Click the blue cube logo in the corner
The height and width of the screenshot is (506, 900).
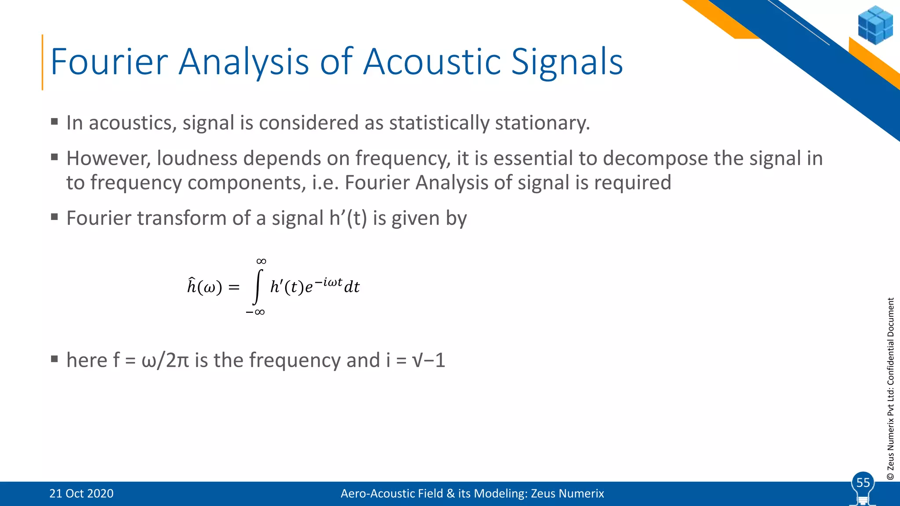pos(875,25)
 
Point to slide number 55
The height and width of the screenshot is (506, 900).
pos(863,482)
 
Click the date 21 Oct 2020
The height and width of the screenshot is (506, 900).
pos(81,493)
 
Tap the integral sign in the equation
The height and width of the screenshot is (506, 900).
pos(258,287)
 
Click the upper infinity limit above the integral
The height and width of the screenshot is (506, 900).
pos(261,261)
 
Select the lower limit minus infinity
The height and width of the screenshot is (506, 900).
pos(255,312)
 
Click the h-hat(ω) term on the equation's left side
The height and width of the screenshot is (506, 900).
pos(204,287)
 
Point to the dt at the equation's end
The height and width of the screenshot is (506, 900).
pos(352,287)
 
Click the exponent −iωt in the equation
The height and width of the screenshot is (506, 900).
pos(328,282)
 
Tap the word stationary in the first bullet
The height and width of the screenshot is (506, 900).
pos(542,123)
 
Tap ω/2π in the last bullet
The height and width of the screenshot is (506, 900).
pos(165,360)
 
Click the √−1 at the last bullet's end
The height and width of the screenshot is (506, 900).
pos(429,360)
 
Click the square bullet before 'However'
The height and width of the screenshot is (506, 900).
pos(54,157)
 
